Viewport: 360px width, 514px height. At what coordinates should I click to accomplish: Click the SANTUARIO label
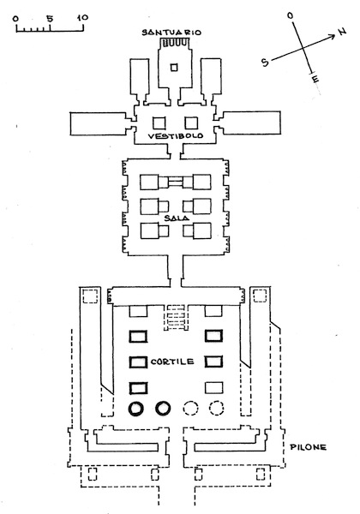click(171, 33)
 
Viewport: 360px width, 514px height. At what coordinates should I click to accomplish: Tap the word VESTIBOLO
click(176, 135)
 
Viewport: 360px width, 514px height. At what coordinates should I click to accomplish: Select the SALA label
click(177, 218)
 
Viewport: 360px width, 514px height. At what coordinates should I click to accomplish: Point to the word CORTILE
click(172, 362)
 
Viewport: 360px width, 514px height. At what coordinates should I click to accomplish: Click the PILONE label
click(309, 447)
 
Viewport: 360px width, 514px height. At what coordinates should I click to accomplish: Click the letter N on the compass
click(342, 31)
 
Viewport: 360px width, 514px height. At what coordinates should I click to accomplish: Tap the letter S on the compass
click(265, 62)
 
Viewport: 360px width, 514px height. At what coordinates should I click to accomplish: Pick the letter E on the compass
click(315, 79)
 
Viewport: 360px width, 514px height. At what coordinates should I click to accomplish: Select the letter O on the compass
click(291, 15)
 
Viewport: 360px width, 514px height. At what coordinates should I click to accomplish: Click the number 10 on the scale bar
click(82, 17)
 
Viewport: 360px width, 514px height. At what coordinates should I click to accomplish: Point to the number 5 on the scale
click(50, 18)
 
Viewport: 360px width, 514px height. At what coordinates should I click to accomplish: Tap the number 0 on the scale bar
click(15, 18)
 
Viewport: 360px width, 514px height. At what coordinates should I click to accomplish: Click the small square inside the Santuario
click(174, 67)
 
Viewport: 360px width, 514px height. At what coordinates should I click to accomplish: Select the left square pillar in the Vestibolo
click(159, 123)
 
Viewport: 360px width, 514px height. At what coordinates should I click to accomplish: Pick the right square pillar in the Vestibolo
click(191, 123)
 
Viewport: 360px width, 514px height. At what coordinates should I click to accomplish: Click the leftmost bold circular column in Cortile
click(136, 409)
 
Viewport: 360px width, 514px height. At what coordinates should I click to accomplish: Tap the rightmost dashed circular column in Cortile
click(217, 409)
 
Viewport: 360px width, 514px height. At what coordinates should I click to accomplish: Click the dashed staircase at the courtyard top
click(177, 318)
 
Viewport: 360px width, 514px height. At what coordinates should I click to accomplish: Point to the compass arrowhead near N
click(332, 36)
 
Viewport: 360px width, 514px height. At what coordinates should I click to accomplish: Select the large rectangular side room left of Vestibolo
click(99, 123)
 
